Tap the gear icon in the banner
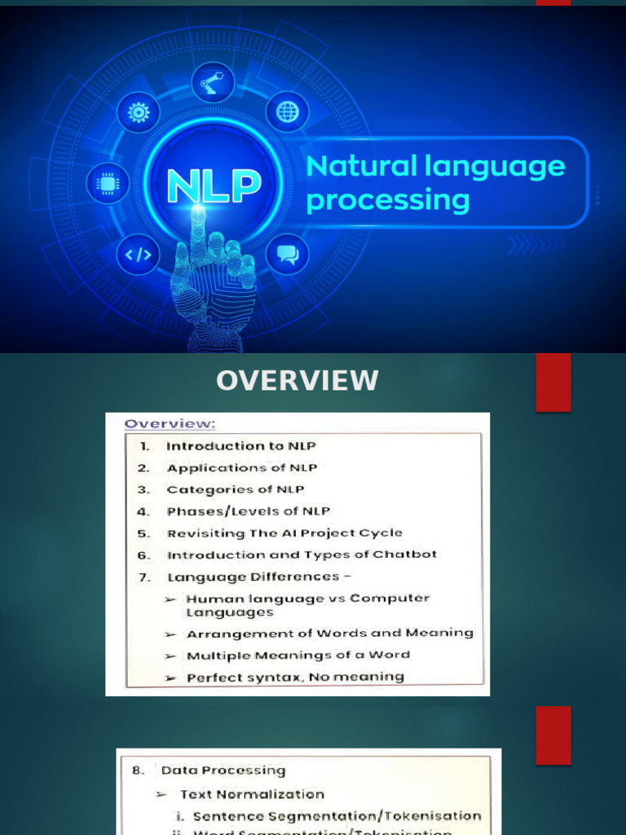138,113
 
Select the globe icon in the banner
287,112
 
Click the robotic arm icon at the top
214,82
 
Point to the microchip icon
108,183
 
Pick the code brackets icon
138,254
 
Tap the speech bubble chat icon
287,254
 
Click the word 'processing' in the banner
388,201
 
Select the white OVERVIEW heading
297,381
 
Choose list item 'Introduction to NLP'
240,446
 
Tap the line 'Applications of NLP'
242,468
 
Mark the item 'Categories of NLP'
235,489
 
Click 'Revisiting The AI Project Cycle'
284,533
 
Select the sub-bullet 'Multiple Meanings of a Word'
298,655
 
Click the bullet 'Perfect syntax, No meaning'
295,677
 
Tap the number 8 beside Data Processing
137,771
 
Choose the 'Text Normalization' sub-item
252,794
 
